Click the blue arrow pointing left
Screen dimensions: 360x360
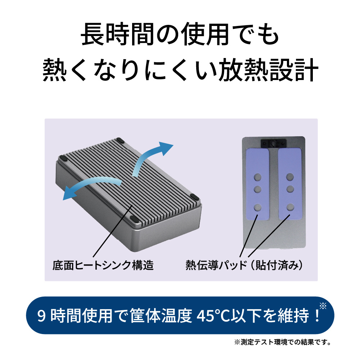(92, 184)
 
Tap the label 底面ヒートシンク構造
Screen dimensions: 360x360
(103, 265)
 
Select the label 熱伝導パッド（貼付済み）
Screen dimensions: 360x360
(244, 265)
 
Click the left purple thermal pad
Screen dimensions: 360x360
(258, 184)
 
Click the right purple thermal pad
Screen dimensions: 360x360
(290, 184)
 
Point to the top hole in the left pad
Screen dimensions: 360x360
(258, 177)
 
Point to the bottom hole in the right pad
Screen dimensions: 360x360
(290, 207)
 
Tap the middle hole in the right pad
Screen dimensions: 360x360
(290, 189)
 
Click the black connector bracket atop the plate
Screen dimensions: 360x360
(274, 143)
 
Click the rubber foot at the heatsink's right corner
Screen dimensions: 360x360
(195, 197)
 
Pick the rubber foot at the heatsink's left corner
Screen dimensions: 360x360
(62, 158)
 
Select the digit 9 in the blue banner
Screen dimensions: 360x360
(41, 316)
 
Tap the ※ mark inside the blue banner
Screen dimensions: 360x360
(323, 306)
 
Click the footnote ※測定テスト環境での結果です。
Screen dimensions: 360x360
(283, 342)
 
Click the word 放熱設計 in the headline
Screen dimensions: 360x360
(268, 69)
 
